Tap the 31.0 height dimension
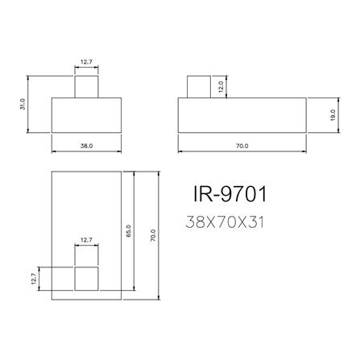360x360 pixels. pos(24,105)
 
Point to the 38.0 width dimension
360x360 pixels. pos(87,146)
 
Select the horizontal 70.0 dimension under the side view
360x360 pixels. pos(242,146)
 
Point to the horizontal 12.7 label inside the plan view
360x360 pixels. pos(87,239)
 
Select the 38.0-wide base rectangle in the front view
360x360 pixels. pos(87,114)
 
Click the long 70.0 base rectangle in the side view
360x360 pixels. pos(242,114)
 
